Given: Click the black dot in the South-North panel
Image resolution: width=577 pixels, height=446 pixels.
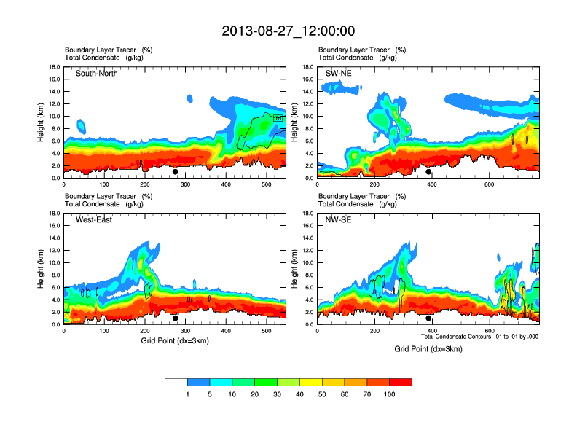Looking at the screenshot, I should click(x=176, y=172).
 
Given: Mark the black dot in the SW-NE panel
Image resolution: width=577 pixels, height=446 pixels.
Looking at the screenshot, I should click(x=429, y=172).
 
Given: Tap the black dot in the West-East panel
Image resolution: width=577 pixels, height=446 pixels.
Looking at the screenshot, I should click(x=176, y=318).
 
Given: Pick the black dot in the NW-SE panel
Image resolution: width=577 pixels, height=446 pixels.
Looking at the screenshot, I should click(x=429, y=318).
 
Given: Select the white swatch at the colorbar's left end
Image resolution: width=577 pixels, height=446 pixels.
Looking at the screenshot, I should click(x=176, y=382).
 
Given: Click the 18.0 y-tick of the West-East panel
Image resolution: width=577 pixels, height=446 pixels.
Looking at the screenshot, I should click(x=54, y=214).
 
